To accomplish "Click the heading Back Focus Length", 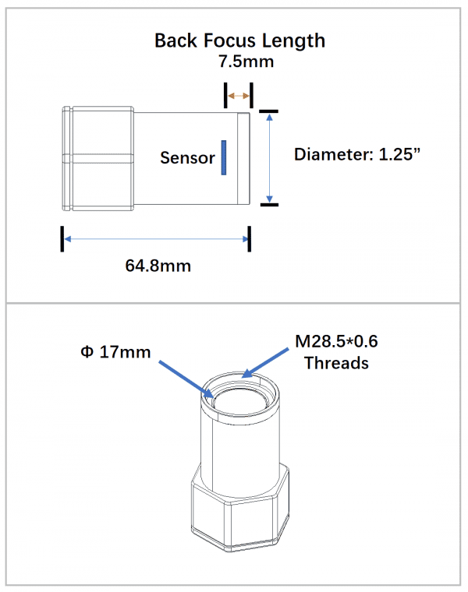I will coord(239,41).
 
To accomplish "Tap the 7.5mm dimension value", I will coord(239,61).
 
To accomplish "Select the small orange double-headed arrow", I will coord(238,97).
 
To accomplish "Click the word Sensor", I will coord(187,157).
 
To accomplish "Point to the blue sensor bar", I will coord(224,157).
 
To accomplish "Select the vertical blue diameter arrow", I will coord(269,157).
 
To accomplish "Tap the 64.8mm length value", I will coord(158,266).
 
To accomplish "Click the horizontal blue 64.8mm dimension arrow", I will coord(156,239).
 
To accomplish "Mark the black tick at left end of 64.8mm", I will coord(62,239).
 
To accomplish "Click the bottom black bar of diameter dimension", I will coord(268,205).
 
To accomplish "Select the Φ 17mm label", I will coord(115,352).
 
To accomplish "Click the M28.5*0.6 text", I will coord(337,341).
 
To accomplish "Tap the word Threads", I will coord(336,363).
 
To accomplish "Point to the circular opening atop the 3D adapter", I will coord(241,401).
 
